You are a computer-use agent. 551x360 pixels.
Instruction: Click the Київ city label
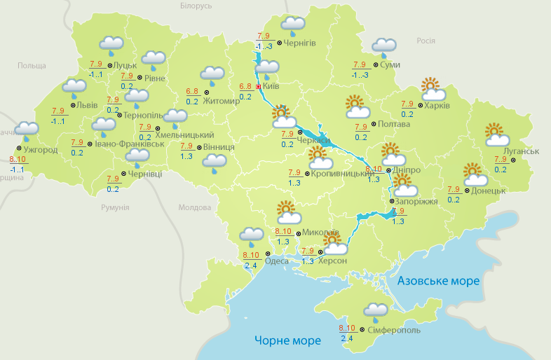click(271, 86)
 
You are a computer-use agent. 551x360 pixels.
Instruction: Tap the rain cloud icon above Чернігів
click(293, 25)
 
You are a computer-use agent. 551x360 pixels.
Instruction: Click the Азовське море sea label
click(438, 281)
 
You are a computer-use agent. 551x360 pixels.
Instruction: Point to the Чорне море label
click(287, 340)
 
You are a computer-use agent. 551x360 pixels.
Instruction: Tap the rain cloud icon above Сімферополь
click(375, 311)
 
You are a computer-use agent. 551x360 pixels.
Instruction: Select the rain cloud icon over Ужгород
click(27, 130)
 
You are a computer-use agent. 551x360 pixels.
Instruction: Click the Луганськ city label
click(521, 151)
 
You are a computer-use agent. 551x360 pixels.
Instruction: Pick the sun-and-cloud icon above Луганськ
click(496, 134)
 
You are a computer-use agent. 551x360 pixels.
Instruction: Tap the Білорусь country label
click(196, 6)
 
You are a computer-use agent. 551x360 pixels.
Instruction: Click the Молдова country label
click(194, 208)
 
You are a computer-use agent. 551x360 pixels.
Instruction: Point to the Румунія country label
click(115, 208)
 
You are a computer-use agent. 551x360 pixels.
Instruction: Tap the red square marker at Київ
click(258, 86)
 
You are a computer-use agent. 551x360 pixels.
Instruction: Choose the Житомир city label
click(222, 100)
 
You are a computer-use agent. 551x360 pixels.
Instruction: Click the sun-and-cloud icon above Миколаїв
click(287, 211)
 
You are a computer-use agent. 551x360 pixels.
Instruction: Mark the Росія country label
click(426, 41)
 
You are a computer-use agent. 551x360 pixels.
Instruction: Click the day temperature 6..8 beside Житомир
click(192, 91)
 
